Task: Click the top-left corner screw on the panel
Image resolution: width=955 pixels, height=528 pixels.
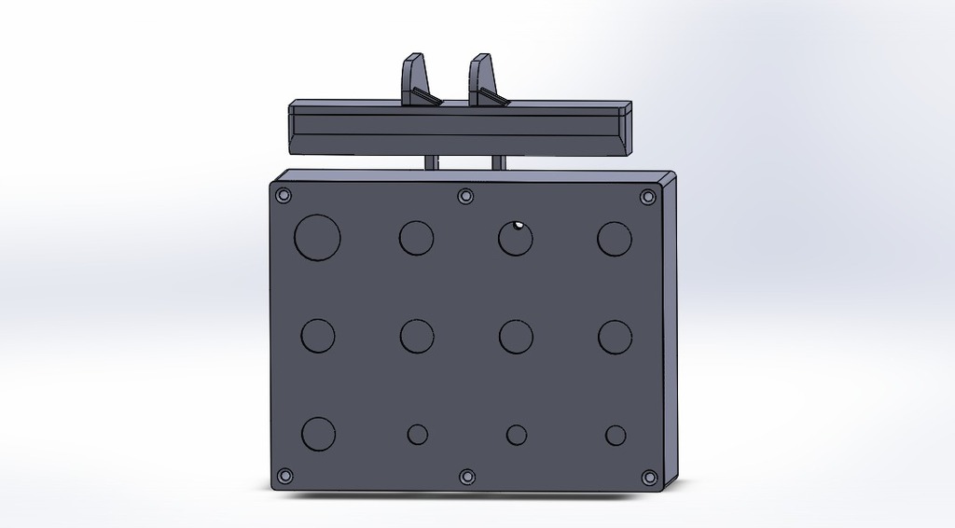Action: click(x=284, y=196)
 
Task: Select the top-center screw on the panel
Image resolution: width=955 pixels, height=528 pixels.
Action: click(x=465, y=196)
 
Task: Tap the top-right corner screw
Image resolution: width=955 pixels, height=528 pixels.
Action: click(x=647, y=197)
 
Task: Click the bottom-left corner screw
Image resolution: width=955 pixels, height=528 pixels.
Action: click(x=285, y=476)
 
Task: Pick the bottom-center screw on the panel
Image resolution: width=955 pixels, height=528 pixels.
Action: click(x=467, y=477)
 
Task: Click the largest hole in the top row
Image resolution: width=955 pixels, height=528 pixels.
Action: click(x=317, y=237)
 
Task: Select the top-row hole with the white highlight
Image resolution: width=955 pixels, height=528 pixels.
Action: click(x=515, y=238)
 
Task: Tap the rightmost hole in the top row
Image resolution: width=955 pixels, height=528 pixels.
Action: click(x=615, y=239)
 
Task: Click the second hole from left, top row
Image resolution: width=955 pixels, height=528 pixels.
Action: click(x=416, y=238)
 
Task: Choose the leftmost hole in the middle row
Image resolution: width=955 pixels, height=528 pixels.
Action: click(x=318, y=336)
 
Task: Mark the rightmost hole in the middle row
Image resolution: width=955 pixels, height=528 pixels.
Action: click(x=615, y=337)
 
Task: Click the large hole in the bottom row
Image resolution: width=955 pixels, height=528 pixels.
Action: click(x=318, y=434)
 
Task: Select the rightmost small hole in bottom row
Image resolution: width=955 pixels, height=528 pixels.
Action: click(x=616, y=435)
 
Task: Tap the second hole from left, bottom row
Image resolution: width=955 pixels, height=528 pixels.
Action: click(x=418, y=434)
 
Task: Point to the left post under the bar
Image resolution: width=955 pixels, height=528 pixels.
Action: click(x=431, y=162)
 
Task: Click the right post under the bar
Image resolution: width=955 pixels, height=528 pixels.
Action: click(x=498, y=162)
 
